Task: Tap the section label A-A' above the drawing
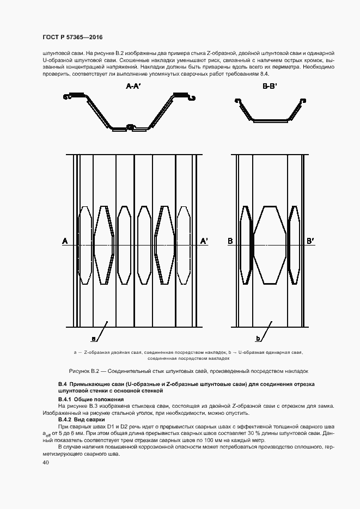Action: (133, 86)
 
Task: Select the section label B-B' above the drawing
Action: (270, 86)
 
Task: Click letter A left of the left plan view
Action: (65, 241)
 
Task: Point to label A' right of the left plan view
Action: (205, 241)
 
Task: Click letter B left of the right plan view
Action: (230, 241)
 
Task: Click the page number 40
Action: (45, 463)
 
